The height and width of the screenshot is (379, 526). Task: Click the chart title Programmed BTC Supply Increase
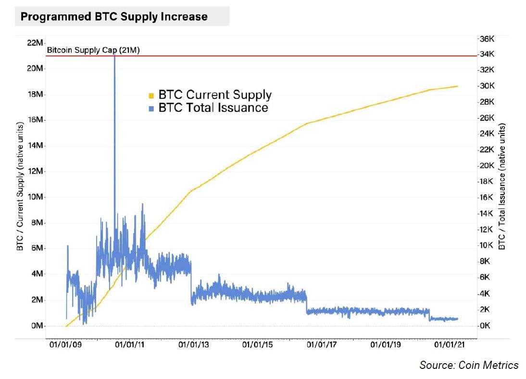tap(114, 17)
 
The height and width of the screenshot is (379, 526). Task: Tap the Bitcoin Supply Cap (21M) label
tap(93, 50)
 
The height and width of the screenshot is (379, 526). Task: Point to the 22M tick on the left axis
tap(35, 43)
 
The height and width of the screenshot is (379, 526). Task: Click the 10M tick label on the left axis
tap(35, 197)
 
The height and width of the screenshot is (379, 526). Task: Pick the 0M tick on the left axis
tap(37, 326)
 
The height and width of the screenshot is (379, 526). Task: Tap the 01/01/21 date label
tap(449, 345)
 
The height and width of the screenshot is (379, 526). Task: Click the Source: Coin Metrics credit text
tap(469, 365)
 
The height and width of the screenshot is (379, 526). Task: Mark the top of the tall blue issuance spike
tap(114, 57)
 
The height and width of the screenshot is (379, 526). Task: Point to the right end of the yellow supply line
tap(457, 86)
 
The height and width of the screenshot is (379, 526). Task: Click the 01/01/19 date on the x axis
tap(385, 345)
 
